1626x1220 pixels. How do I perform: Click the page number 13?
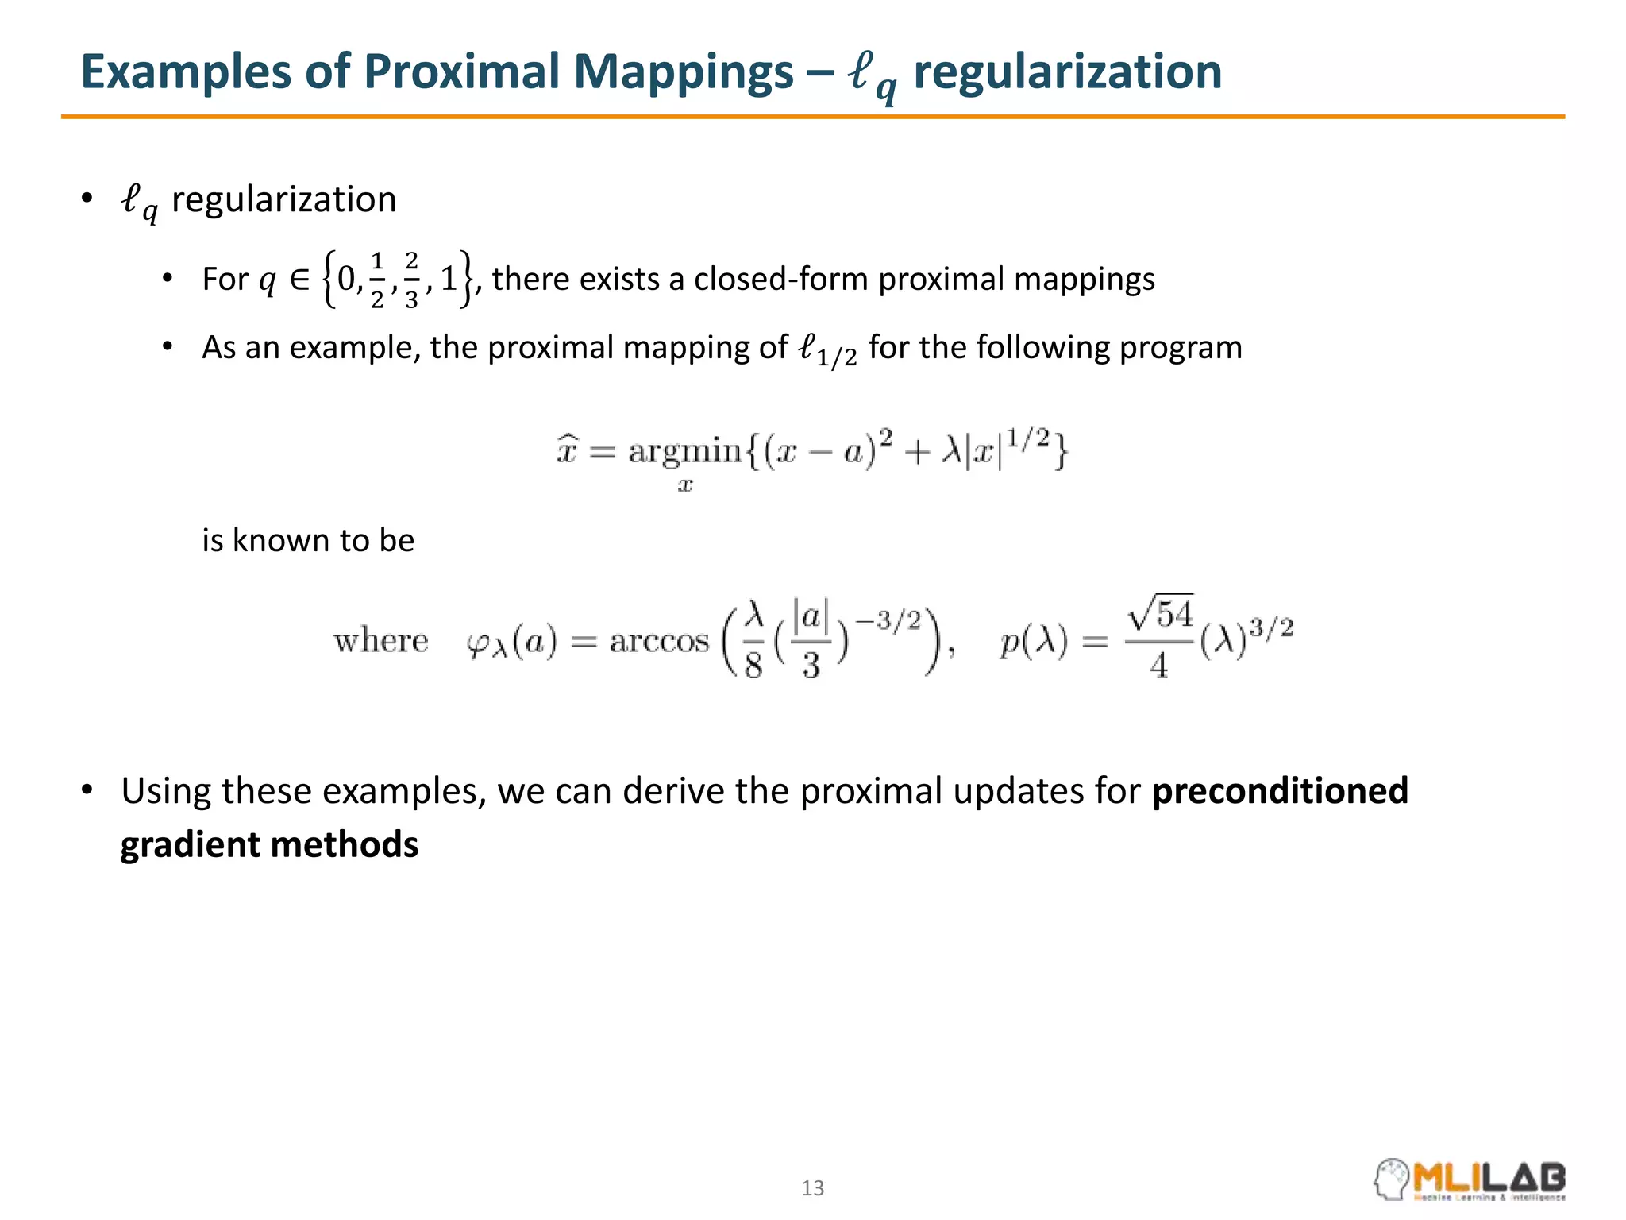click(812, 1188)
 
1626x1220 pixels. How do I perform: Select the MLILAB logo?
click(1470, 1179)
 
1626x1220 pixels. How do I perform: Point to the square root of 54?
click(1160, 613)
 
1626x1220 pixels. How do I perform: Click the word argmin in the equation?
click(684, 451)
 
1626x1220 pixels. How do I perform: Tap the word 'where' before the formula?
click(380, 640)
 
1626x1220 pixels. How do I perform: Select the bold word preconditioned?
click(1280, 791)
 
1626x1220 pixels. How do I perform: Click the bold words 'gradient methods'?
click(269, 844)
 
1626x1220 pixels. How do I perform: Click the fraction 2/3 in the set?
click(410, 280)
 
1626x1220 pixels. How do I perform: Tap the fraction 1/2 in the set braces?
click(377, 280)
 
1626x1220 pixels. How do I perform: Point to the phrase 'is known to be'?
click(308, 541)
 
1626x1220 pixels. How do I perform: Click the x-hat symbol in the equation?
click(566, 451)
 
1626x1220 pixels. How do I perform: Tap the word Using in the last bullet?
click(166, 791)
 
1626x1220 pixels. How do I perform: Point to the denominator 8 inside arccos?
click(753, 666)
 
